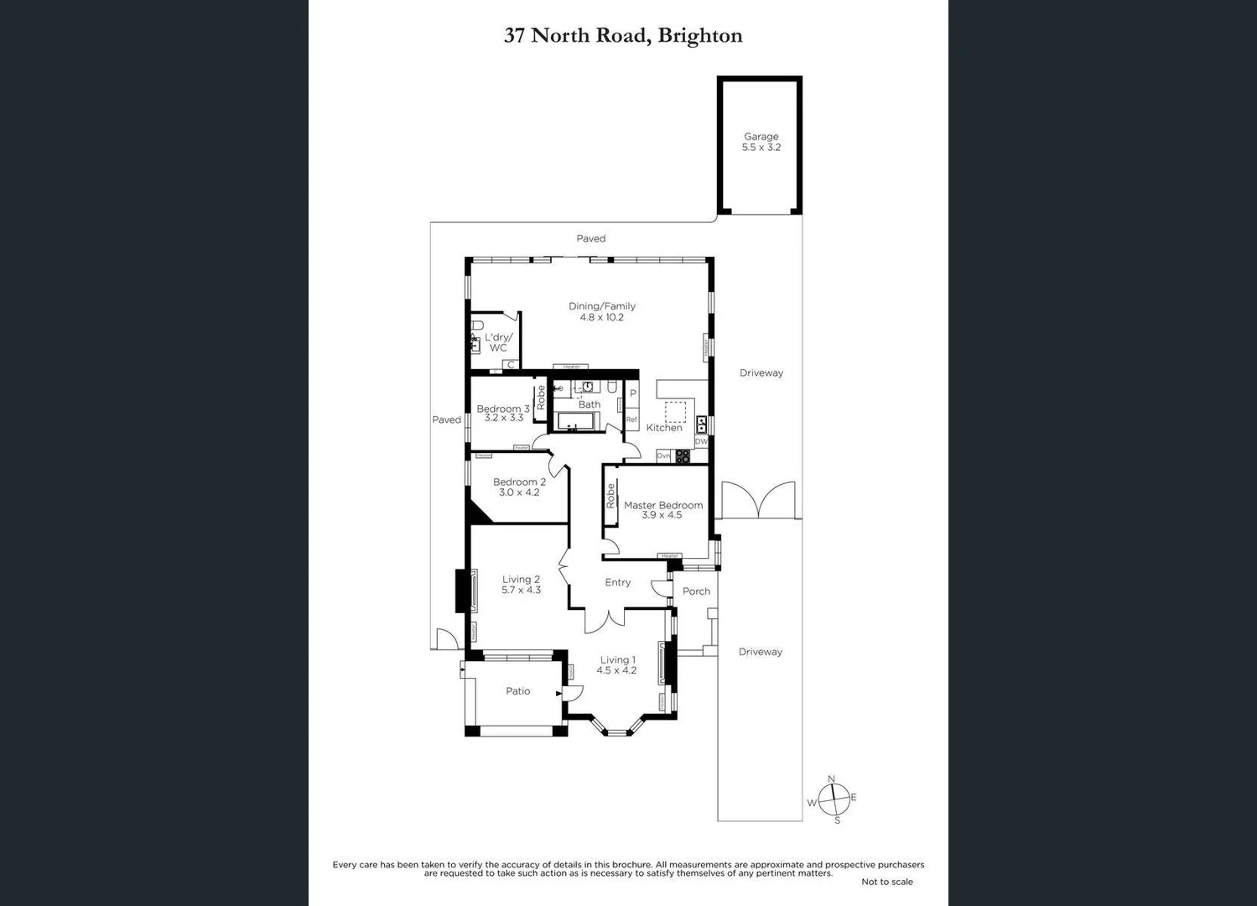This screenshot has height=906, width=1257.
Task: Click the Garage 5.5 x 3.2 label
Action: click(x=761, y=142)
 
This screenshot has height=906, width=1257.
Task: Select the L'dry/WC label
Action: click(x=498, y=342)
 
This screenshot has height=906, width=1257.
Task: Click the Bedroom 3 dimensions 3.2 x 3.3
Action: click(x=503, y=418)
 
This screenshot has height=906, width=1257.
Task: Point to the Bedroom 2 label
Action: click(x=519, y=482)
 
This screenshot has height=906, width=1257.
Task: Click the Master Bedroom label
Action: click(x=662, y=505)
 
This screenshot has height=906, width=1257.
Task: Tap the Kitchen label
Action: click(x=664, y=428)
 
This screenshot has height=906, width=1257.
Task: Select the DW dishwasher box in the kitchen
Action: click(x=701, y=441)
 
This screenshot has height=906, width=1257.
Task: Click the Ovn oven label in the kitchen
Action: click(x=663, y=456)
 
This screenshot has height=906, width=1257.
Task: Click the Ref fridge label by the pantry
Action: click(x=631, y=419)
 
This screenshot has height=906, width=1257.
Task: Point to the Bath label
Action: click(x=590, y=404)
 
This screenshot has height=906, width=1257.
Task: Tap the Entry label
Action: click(x=618, y=582)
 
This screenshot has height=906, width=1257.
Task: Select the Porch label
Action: click(x=696, y=591)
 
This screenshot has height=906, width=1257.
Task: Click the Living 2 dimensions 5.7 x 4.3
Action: click(x=521, y=591)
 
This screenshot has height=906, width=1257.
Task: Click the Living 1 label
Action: click(x=617, y=660)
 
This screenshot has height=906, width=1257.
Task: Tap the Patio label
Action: click(x=517, y=691)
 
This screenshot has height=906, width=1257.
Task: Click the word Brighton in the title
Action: click(x=700, y=35)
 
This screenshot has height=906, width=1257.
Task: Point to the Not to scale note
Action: click(x=886, y=882)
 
